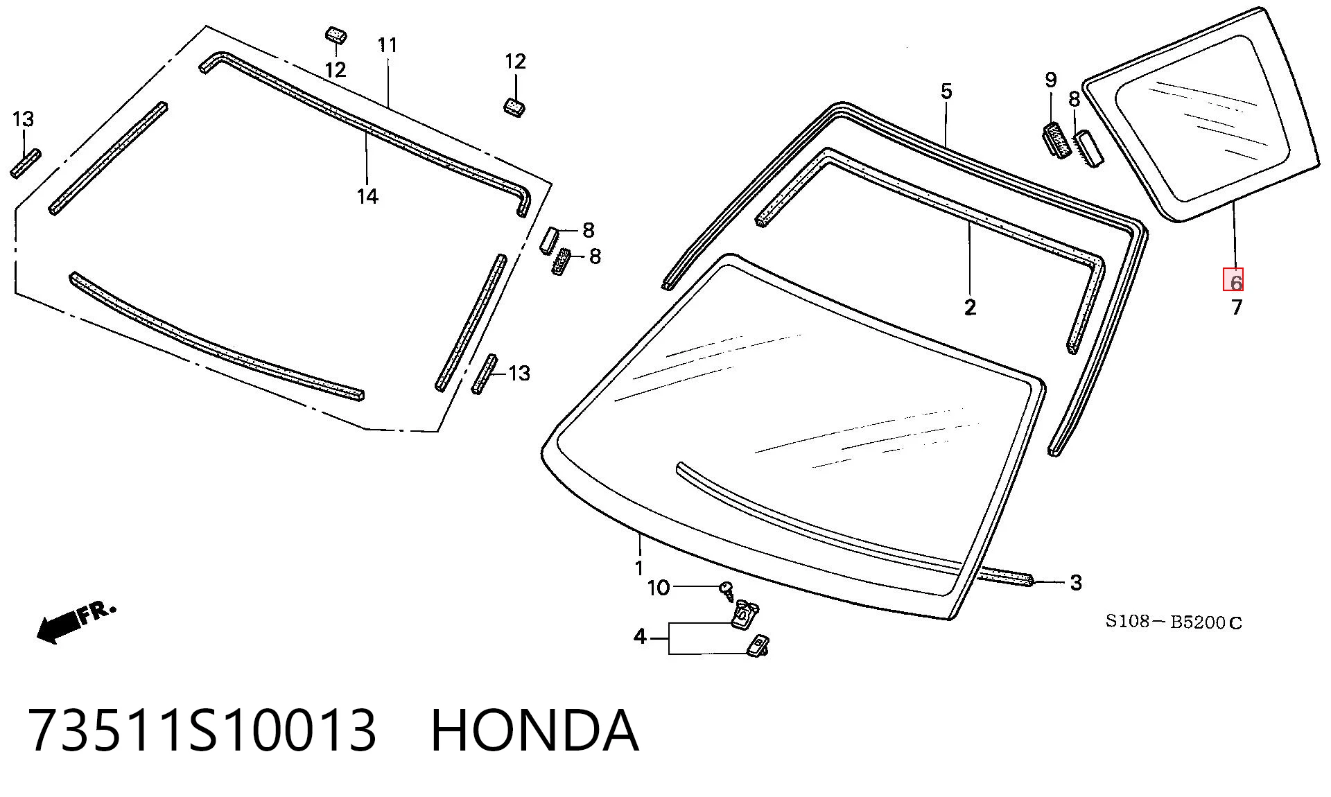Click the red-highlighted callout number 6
tap(1233, 280)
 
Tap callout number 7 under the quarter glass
tap(1237, 307)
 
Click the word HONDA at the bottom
tap(534, 730)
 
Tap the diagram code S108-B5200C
tap(1174, 622)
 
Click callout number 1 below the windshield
tap(639, 569)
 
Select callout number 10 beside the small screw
tap(659, 588)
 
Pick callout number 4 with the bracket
tap(640, 636)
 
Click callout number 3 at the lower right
tap(1075, 583)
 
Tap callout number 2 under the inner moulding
tap(970, 307)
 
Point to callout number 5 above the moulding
tap(946, 91)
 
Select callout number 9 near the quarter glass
tap(1051, 80)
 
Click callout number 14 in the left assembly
tap(367, 197)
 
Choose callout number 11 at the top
tap(388, 46)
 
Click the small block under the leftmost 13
tap(26, 164)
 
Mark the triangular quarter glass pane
tap(1203, 115)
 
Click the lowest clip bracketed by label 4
tap(757, 646)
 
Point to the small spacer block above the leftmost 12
tap(336, 35)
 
